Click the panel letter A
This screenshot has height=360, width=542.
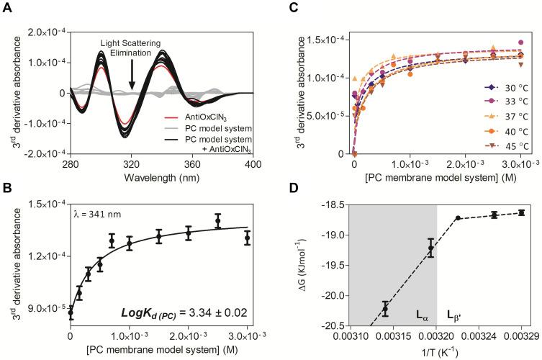click(7, 6)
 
